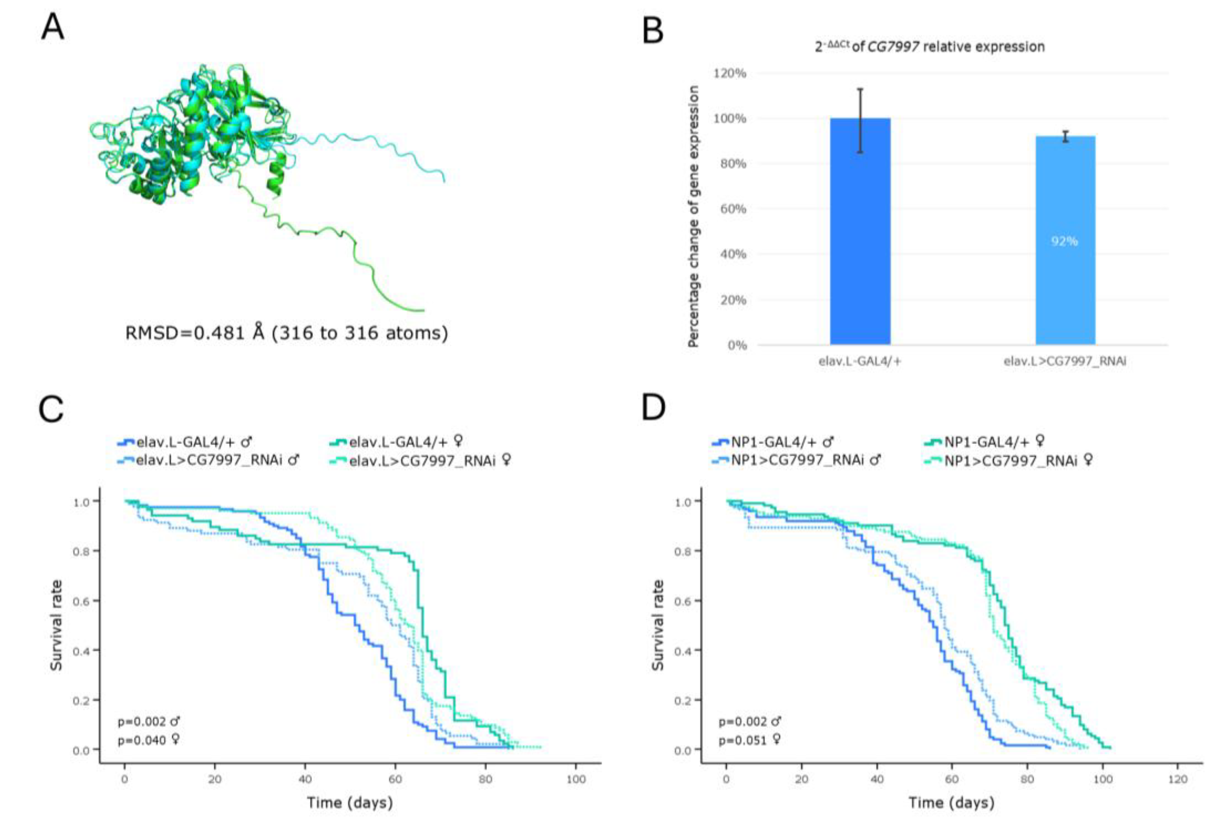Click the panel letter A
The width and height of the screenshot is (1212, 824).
53,27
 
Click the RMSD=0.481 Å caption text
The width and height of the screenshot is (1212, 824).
286,333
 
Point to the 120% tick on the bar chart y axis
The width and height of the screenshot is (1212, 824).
730,73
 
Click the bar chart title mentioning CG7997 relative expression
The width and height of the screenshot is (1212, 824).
929,47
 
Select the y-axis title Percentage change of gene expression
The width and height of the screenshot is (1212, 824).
693,216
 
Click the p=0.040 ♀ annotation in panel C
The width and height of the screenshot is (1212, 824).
149,740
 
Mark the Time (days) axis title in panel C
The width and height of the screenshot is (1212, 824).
350,802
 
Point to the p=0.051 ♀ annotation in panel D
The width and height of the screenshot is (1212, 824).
750,740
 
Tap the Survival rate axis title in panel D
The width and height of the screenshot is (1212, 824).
658,625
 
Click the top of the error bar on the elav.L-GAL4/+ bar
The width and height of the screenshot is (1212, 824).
860,89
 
